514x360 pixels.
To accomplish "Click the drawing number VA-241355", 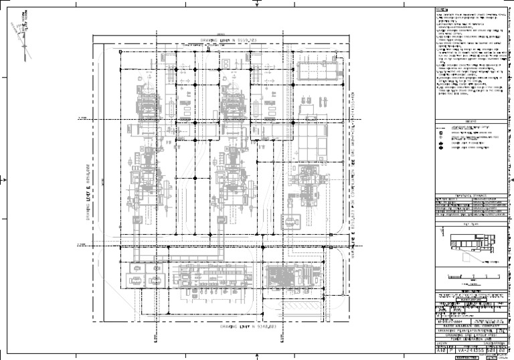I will coord(468,349).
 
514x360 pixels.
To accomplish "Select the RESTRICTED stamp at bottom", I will coord(467,357).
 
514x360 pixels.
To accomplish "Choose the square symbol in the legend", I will coord(440,143).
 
